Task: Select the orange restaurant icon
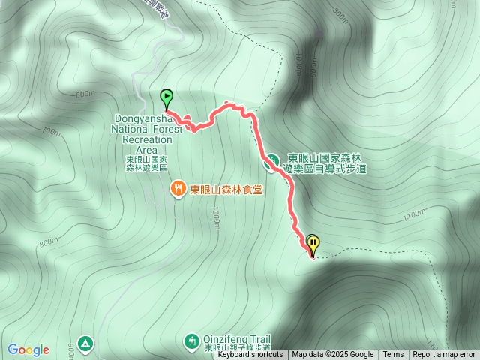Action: point(178,189)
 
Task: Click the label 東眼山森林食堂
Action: point(226,190)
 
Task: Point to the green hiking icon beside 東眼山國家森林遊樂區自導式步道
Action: point(272,160)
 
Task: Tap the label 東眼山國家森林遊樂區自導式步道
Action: point(325,164)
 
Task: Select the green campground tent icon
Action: point(86,343)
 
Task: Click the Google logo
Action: point(28,349)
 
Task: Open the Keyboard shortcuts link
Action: point(250,355)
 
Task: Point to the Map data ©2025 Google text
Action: point(333,355)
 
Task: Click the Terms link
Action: point(393,355)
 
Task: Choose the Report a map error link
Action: point(444,355)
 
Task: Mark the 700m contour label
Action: point(50,133)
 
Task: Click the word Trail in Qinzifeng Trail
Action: point(256,339)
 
